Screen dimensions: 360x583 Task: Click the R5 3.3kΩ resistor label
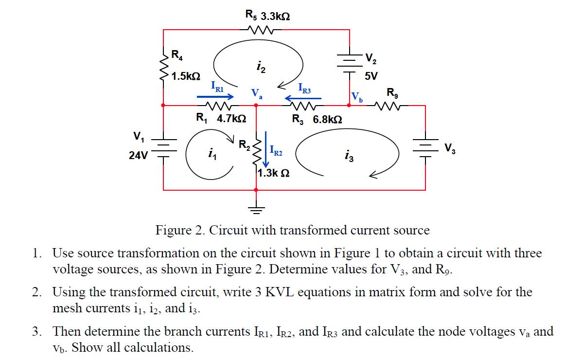[268, 16]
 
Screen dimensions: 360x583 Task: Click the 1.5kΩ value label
[186, 76]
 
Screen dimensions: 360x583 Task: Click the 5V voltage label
[371, 76]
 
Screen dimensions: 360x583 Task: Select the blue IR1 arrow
[215, 96]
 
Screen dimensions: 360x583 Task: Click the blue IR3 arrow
[302, 98]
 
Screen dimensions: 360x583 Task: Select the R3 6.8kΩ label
[317, 119]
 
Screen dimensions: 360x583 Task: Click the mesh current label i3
[348, 156]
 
